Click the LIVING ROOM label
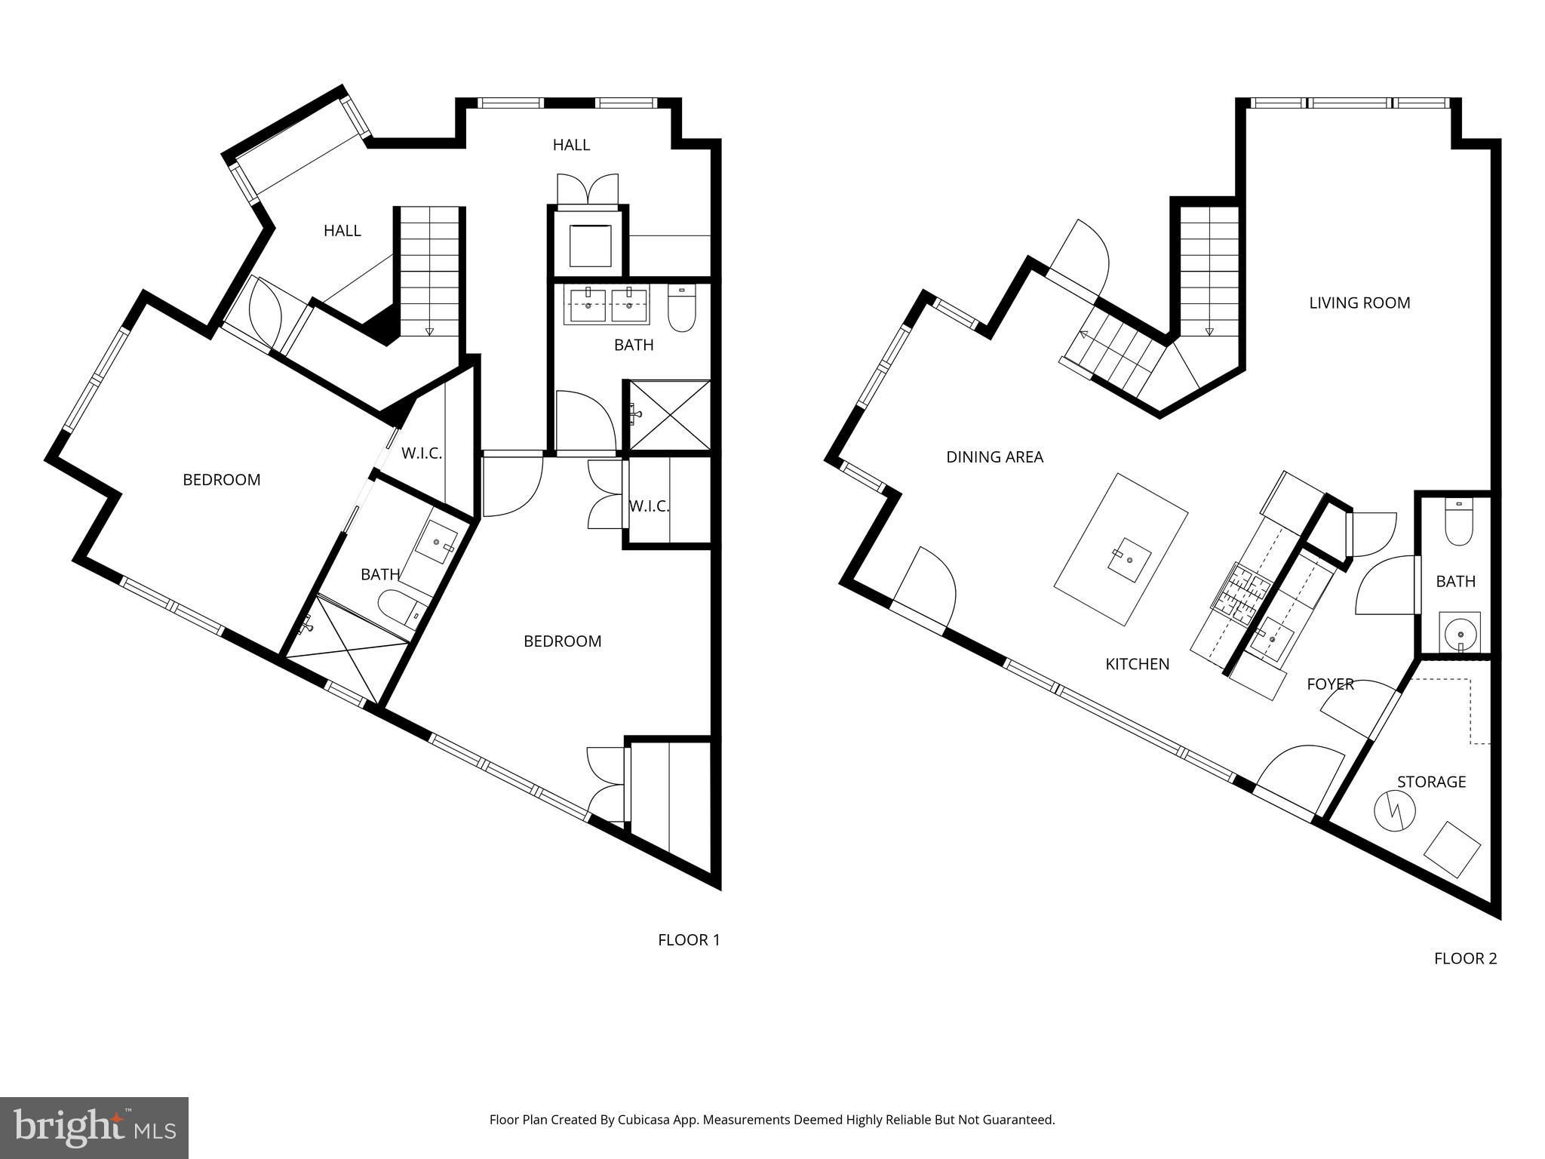click(1359, 303)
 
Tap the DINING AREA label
click(994, 457)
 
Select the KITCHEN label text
click(1137, 664)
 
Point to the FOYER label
click(1330, 684)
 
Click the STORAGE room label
click(1431, 782)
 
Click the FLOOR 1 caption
click(689, 939)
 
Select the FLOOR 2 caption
click(1465, 958)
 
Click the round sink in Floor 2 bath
click(1459, 632)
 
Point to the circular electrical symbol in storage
click(1394, 811)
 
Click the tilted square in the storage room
click(1452, 850)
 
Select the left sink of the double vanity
click(588, 306)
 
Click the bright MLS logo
click(94, 1129)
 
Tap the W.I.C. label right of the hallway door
click(649, 506)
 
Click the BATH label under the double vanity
click(634, 345)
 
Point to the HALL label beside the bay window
click(342, 230)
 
